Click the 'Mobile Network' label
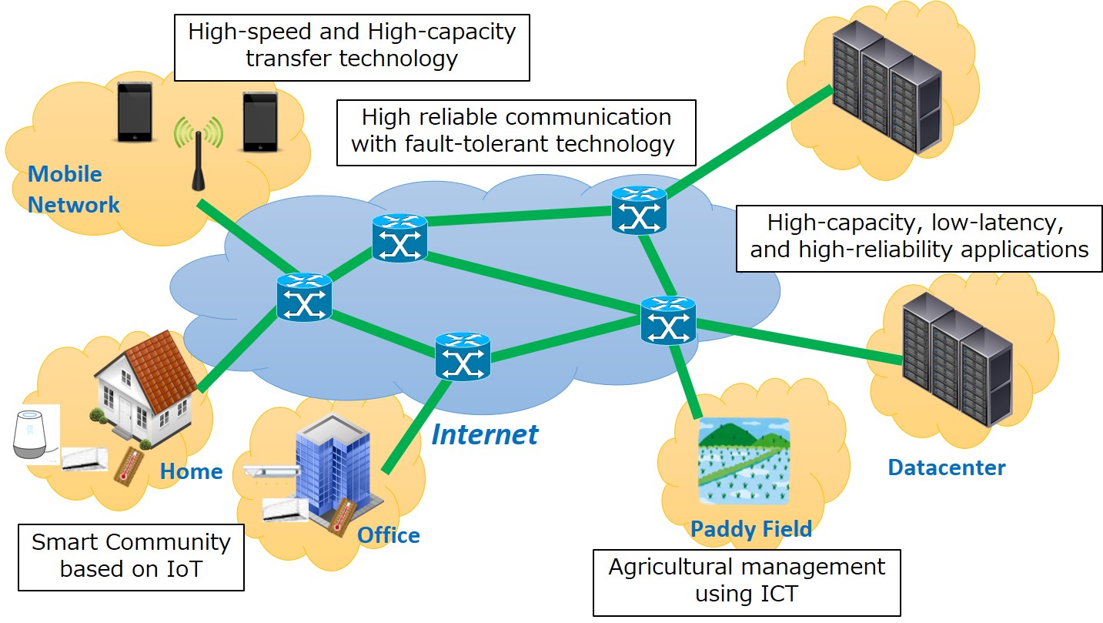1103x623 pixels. [x=73, y=189]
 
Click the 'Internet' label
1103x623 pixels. [x=484, y=434]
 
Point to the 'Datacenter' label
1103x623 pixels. [x=946, y=467]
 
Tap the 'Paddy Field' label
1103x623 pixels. [x=750, y=529]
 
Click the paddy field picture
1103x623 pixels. [x=744, y=461]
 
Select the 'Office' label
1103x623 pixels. [x=389, y=535]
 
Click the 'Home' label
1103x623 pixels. [x=191, y=471]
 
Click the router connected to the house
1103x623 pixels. [x=305, y=297]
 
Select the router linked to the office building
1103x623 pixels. [x=462, y=356]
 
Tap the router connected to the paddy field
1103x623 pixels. [x=667, y=320]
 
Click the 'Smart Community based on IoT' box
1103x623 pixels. [x=131, y=556]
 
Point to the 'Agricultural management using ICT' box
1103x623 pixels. [x=746, y=581]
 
